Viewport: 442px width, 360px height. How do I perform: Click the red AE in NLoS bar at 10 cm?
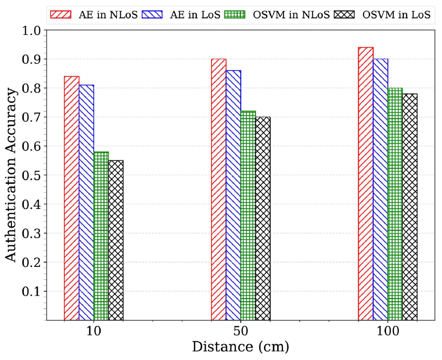[72, 198]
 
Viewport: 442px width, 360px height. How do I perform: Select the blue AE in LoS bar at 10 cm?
[87, 203]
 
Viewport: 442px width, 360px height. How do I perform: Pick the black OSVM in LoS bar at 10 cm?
[116, 241]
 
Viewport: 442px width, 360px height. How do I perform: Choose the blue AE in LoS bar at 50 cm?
[233, 195]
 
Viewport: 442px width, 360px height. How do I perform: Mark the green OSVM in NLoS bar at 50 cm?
[248, 216]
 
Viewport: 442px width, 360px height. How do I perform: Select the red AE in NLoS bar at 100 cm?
[366, 184]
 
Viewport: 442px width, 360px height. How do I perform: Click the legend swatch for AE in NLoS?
[61, 15]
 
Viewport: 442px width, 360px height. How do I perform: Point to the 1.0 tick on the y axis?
[45, 30]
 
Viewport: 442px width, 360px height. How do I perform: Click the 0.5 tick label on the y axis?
[32, 175]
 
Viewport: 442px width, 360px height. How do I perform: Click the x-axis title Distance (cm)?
[241, 347]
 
